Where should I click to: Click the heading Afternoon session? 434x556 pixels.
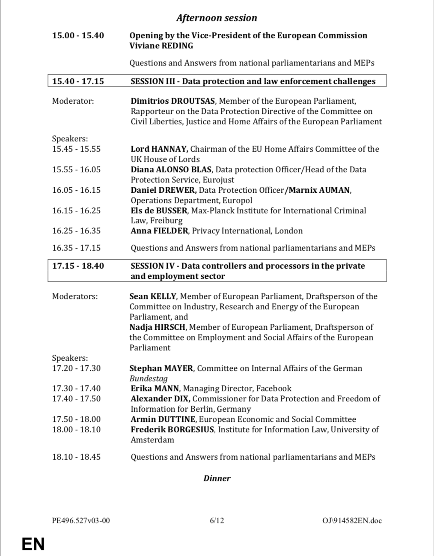tap(217, 18)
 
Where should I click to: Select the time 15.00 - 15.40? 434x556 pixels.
tap(78, 36)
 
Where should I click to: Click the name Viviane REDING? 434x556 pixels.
tap(161, 46)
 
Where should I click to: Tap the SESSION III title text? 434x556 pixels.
tap(253, 81)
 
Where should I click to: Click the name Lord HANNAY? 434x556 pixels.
tap(159, 149)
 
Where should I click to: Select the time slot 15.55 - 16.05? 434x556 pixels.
tap(76, 170)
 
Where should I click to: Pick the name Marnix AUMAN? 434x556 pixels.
tap(320, 190)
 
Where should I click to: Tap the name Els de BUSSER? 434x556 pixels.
tap(159, 211)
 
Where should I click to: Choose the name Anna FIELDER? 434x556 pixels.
tap(159, 231)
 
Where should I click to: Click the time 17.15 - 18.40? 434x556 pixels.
tap(78, 266)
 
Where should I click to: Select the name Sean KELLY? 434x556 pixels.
tap(153, 296)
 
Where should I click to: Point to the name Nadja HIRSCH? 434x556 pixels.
tap(158, 327)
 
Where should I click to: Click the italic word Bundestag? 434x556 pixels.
tap(149, 379)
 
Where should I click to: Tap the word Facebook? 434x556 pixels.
tap(273, 389)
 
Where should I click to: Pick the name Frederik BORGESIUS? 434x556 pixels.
tap(172, 430)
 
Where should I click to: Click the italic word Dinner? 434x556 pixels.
tap(217, 478)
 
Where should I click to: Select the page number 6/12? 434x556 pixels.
tap(217, 521)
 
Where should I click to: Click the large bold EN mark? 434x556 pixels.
tap(33, 544)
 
